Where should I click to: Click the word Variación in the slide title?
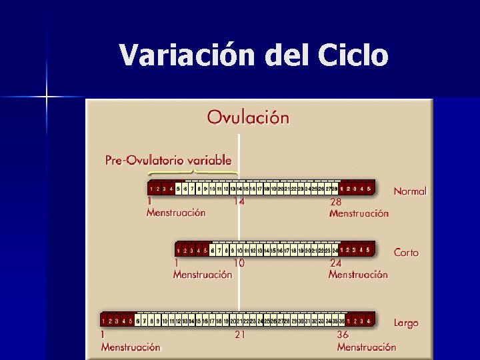tap(187, 55)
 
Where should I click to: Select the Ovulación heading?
tap(248, 117)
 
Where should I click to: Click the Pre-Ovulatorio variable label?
tap(169, 160)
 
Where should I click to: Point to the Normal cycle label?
tap(410, 191)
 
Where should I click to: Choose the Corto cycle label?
tap(407, 253)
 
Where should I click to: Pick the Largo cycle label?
tap(406, 323)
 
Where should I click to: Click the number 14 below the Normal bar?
tap(239, 202)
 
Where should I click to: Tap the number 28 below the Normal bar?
tap(337, 202)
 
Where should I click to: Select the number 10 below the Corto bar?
tap(238, 263)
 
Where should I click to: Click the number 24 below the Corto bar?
tap(335, 263)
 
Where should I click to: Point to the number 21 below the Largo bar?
tap(239, 335)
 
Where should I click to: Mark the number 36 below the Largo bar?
tap(343, 335)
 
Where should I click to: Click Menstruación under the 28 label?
tap(359, 213)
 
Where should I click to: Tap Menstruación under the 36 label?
tap(367, 347)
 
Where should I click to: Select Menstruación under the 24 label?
tap(358, 275)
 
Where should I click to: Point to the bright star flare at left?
tap(47, 97)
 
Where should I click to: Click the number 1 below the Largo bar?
tap(103, 335)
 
